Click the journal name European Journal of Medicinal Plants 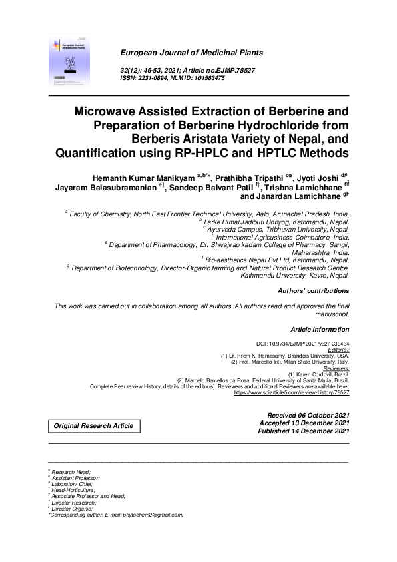191,52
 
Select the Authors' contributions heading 304,291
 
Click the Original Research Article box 93,426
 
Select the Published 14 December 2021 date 304,431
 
